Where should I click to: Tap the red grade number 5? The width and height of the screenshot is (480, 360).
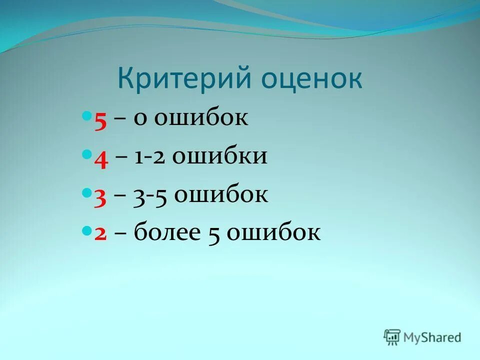(100, 120)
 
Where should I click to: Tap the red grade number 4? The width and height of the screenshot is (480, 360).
(101, 158)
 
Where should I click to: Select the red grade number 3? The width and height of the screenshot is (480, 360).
(100, 196)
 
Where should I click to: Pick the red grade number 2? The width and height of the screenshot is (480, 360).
(100, 234)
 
